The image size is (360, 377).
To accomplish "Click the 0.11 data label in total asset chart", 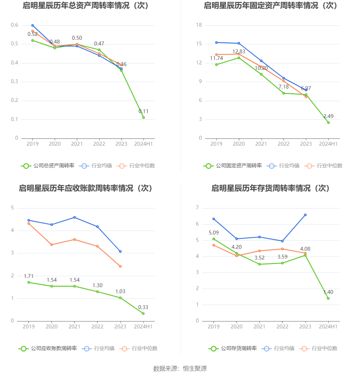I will pos(143,111).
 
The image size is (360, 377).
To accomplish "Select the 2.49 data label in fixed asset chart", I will pos(329,116).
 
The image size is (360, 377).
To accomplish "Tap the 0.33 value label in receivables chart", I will pos(143,307).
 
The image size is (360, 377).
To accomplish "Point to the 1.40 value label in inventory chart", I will pos(328,292).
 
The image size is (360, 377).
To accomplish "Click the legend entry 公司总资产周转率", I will pos(48,166).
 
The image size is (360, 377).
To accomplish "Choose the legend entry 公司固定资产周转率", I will pos(233,166).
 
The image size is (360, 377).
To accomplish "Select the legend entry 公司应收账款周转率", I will pos(48,348).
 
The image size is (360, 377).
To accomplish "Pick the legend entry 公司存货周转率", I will pos(233,348).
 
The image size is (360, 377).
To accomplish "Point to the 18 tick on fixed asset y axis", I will pos(199,25).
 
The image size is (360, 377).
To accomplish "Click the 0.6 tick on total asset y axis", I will pos(15,25).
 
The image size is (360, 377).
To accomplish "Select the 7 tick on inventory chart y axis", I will pos(197,208).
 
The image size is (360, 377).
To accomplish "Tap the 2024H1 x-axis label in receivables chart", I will pos(143,327).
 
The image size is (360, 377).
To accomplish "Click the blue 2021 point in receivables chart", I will pos(75,217).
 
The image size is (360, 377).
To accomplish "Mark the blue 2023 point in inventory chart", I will pos(305,215).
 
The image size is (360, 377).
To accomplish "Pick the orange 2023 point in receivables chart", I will pos(120,266).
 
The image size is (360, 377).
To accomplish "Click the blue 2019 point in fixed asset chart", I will pos(217,43).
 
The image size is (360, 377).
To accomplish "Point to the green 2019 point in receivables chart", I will pos(29,282).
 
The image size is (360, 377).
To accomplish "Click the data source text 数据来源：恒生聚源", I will pos(180,368).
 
